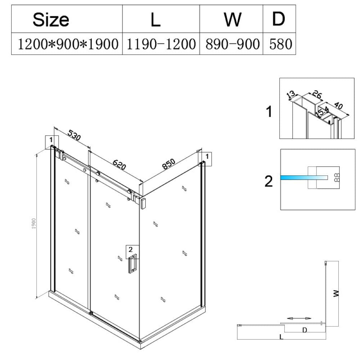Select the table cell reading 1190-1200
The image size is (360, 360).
point(161,44)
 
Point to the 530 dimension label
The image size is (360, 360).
point(74,135)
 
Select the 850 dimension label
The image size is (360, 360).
point(169,164)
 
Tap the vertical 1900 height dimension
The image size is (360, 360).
point(34,224)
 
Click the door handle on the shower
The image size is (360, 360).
point(132,264)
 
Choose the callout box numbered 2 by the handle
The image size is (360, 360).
point(132,252)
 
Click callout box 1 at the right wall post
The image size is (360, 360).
point(205,159)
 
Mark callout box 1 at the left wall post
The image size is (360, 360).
point(51,142)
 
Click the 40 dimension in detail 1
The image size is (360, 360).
point(338,105)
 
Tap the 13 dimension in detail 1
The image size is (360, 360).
point(291,94)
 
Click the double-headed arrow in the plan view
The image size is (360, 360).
point(299,318)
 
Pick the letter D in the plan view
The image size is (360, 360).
point(305,330)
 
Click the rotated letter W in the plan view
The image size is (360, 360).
point(336,293)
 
